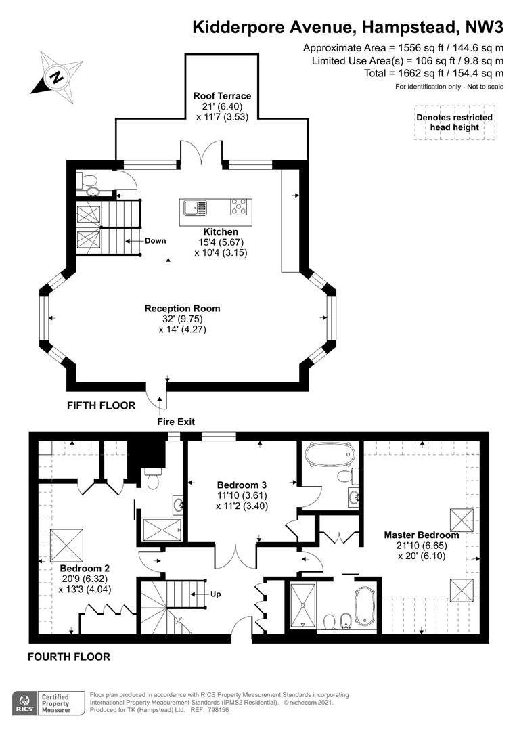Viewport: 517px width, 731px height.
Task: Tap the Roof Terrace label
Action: pos(223,96)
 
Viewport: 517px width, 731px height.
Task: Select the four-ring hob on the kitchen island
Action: pos(239,207)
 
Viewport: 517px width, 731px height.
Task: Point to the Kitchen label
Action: pos(221,231)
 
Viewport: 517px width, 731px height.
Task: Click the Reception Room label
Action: pos(182,308)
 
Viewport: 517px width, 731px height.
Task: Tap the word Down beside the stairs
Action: pos(155,240)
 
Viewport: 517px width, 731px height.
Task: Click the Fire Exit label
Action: pos(176,422)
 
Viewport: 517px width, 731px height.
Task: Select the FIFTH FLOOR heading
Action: pos(101,405)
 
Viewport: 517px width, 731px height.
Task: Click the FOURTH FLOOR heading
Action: pos(69,657)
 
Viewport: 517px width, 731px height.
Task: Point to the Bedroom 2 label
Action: pos(85,569)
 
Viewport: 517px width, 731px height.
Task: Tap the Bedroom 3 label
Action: pos(242,485)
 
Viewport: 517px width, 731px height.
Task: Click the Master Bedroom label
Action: pos(422,535)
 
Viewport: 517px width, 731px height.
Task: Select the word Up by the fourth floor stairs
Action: pos(215,594)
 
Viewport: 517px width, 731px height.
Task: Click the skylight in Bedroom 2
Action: pos(67,545)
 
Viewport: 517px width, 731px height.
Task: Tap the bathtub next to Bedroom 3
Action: pos(330,454)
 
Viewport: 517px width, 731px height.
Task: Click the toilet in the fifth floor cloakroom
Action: pos(88,179)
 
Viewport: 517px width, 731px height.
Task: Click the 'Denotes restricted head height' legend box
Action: pos(455,123)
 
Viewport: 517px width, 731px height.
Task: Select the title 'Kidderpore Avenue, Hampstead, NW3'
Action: pos(349,28)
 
